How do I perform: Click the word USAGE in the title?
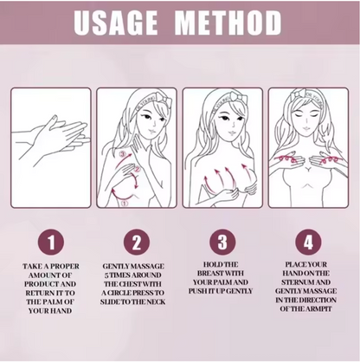tap(115, 23)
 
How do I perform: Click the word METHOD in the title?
tap(228, 23)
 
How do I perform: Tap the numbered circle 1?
tap(51, 242)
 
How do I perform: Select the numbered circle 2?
tap(137, 242)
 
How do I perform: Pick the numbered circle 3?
tap(222, 242)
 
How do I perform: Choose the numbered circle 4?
tap(308, 242)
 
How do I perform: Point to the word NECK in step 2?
tap(156, 302)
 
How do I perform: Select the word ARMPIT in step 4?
tap(318, 308)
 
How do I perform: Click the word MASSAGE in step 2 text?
tap(150, 266)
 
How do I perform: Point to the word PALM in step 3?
tap(227, 282)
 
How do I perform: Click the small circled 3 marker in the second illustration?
tap(123, 155)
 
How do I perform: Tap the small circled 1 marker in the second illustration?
tap(124, 204)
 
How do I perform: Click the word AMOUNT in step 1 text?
tap(43, 275)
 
